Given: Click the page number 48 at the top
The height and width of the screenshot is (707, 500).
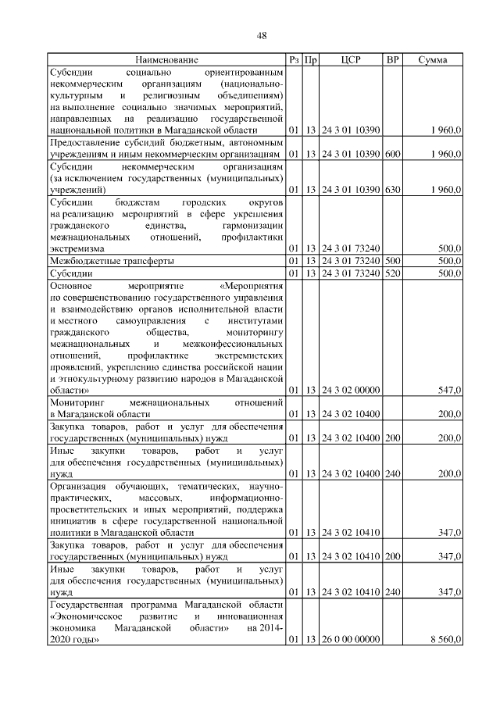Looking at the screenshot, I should coord(262,34).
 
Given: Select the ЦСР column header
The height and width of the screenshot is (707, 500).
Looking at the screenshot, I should coord(351,59).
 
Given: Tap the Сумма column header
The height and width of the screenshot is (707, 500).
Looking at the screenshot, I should coord(432,59).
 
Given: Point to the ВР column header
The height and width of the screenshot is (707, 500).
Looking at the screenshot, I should coord(392,59).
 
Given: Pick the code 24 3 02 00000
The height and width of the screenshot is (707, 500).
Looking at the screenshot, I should coord(351,389).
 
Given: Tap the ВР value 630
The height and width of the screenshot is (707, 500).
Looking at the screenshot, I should coord(392,189).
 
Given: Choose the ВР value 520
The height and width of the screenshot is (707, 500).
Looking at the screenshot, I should coord(392,273).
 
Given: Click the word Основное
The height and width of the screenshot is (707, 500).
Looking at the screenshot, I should coord(71,286).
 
